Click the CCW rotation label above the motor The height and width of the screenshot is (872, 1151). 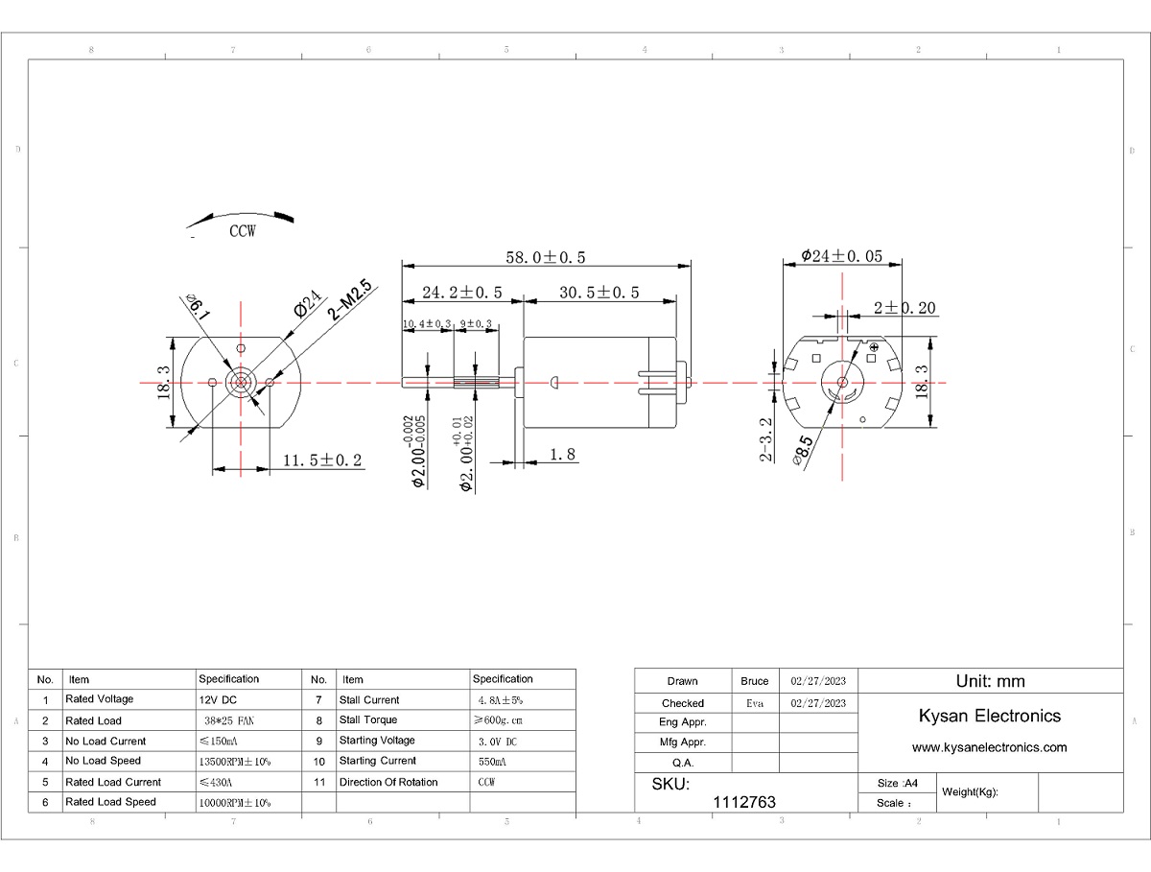tap(242, 231)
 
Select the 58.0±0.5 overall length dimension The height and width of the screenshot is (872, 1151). tap(545, 257)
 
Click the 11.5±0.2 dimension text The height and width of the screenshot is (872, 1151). tap(322, 460)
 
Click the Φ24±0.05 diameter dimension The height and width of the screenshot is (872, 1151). tap(840, 257)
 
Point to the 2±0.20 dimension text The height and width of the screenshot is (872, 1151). tap(904, 308)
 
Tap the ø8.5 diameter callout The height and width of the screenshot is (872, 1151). tap(803, 448)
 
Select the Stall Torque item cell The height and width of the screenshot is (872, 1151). tap(367, 719)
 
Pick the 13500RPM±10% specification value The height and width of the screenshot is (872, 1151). tap(233, 761)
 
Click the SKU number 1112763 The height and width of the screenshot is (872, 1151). tap(745, 802)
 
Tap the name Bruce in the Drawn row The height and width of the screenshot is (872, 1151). tap(755, 681)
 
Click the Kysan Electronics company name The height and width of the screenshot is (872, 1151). tap(989, 716)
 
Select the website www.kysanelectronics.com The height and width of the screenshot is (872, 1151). tap(989, 747)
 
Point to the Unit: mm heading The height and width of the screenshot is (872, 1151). tap(990, 681)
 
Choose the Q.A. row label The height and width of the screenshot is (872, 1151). tap(683, 763)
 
